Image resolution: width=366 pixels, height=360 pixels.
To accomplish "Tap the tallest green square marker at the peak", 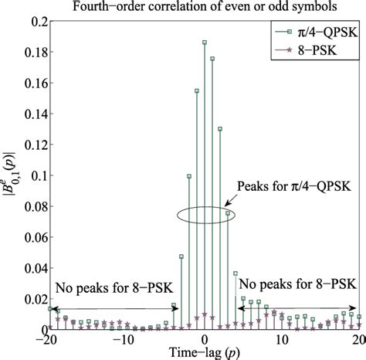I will tap(205, 42).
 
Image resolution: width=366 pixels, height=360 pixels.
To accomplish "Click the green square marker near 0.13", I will tap(220, 130).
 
